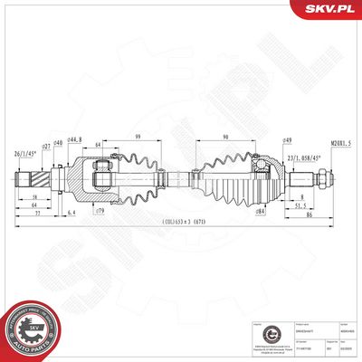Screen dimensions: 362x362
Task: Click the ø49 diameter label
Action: pos(285,140)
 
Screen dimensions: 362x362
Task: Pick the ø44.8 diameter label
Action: pos(75,139)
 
